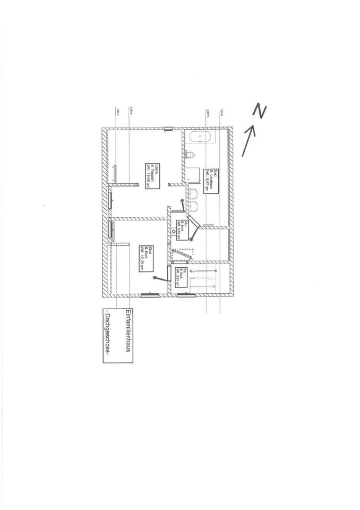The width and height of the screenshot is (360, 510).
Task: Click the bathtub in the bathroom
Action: click(x=199, y=137)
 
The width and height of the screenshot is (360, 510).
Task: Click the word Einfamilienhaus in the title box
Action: click(x=128, y=336)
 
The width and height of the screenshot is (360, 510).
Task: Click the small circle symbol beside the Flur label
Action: click(x=175, y=232)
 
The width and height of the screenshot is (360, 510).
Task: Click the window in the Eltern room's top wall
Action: click(x=168, y=128)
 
